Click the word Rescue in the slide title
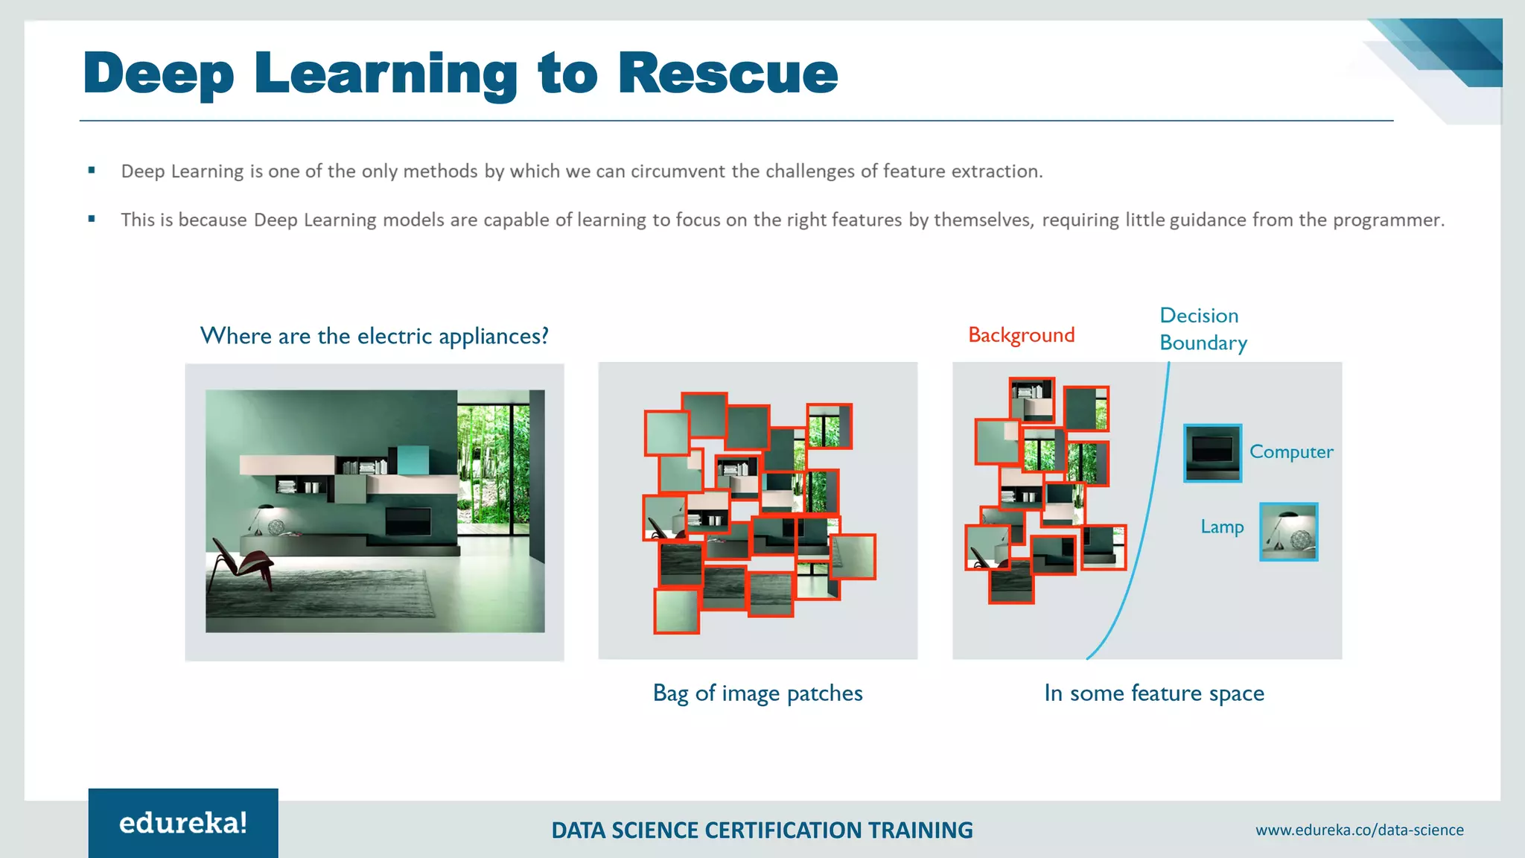pyautogui.click(x=728, y=74)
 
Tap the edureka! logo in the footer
pyautogui.click(x=183, y=823)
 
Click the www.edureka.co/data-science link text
pyautogui.click(x=1359, y=830)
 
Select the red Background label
pyautogui.click(x=1021, y=335)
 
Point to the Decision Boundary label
pyautogui.click(x=1202, y=329)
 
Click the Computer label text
pyautogui.click(x=1290, y=452)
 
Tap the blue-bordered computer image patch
pyautogui.click(x=1212, y=453)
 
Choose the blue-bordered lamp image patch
pyautogui.click(x=1288, y=532)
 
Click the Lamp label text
pyautogui.click(x=1222, y=527)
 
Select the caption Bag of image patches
pyautogui.click(x=757, y=693)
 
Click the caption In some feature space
pyautogui.click(x=1153, y=693)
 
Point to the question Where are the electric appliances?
pyautogui.click(x=375, y=336)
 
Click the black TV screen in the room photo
pyautogui.click(x=407, y=521)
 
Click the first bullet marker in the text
pyautogui.click(x=92, y=171)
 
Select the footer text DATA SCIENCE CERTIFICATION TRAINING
pyautogui.click(x=762, y=830)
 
